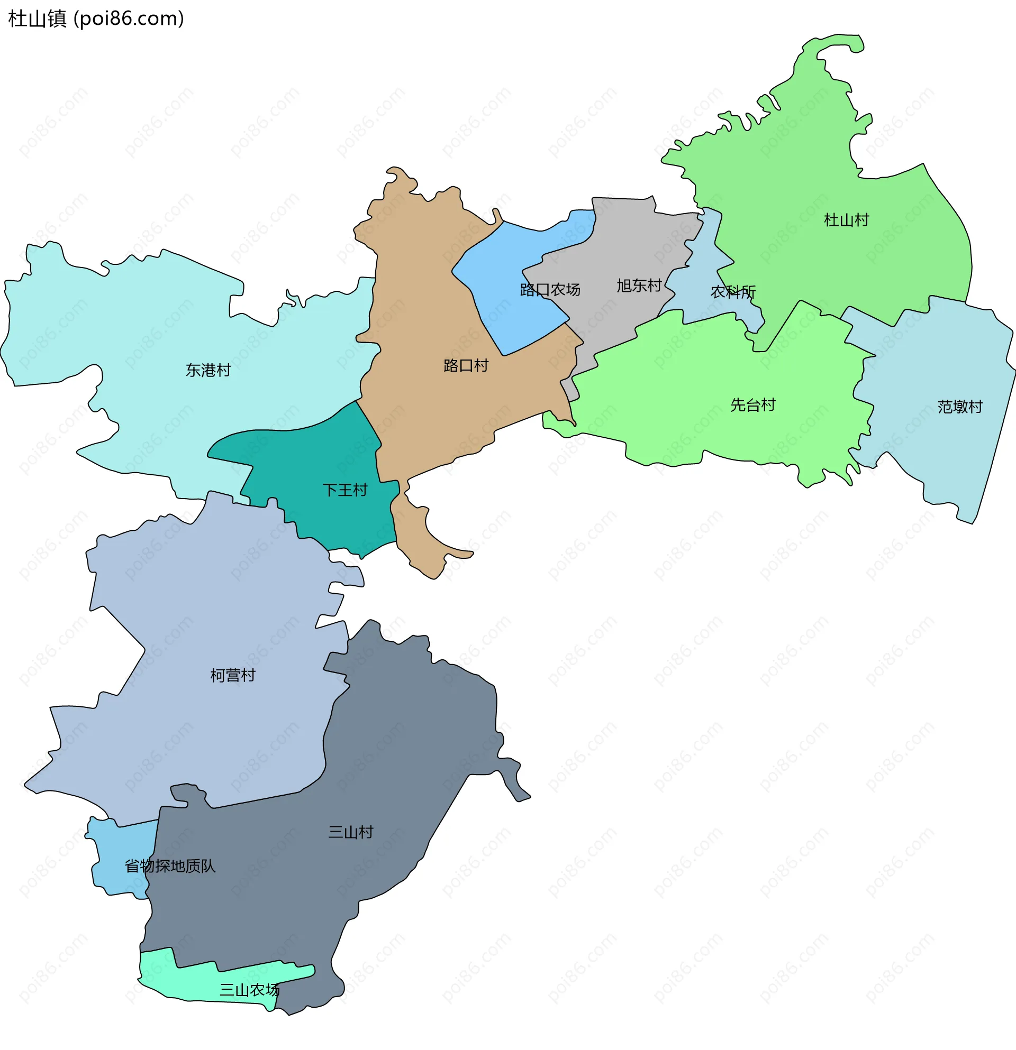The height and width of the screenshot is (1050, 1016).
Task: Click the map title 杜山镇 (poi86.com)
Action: click(x=96, y=19)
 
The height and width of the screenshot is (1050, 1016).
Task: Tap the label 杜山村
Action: click(x=846, y=220)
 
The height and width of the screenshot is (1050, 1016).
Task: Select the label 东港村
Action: click(x=208, y=370)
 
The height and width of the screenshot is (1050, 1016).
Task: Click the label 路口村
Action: click(x=466, y=366)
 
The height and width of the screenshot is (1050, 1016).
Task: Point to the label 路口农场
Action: click(x=550, y=290)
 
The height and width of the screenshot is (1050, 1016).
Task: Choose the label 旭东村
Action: click(x=639, y=285)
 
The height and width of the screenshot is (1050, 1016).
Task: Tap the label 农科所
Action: click(x=733, y=292)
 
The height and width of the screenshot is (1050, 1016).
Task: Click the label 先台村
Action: click(x=753, y=405)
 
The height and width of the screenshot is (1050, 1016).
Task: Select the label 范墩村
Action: click(x=960, y=407)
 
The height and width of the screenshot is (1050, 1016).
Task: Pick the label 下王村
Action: click(x=344, y=490)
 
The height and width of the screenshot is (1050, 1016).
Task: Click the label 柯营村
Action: click(x=233, y=676)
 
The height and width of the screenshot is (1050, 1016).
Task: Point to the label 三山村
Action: click(x=351, y=832)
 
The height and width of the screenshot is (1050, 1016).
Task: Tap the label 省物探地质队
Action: click(x=170, y=866)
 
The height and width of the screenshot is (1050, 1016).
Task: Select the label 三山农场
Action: click(x=249, y=990)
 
